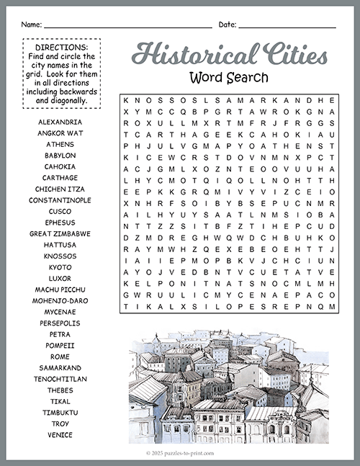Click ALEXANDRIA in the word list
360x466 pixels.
(60, 122)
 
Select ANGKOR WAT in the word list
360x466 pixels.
(60, 133)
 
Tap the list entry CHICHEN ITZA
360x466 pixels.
(60, 189)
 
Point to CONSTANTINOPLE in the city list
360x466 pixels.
(60, 200)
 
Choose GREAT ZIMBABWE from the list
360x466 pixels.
(60, 233)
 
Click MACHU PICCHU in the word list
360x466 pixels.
(60, 290)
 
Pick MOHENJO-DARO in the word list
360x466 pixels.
(60, 300)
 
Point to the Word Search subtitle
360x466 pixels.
(229, 76)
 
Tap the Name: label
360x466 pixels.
(31, 24)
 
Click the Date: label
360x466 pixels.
(227, 24)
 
